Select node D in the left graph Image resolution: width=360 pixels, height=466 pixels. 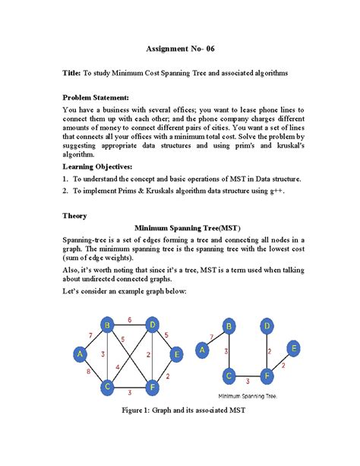(x=153, y=326)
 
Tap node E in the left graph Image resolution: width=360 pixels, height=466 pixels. (x=176, y=353)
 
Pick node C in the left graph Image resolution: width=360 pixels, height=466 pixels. (x=109, y=386)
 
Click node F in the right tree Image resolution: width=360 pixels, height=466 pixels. (x=268, y=375)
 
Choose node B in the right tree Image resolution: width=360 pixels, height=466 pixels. (x=227, y=328)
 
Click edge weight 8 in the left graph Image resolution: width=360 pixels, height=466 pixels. (x=88, y=372)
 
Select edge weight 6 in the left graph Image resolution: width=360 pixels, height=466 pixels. (x=130, y=319)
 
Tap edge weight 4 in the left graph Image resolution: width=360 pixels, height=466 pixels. (x=118, y=367)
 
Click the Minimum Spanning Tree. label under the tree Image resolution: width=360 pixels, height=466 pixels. (x=248, y=396)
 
